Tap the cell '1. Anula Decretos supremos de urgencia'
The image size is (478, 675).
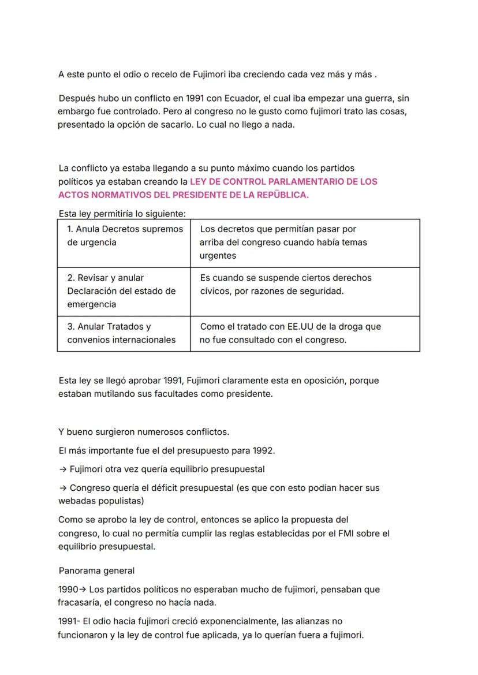tap(125, 236)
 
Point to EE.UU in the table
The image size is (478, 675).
tap(304, 326)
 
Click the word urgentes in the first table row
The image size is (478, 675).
tap(218, 255)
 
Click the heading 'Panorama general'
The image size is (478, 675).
tap(96, 570)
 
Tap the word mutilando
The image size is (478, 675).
tap(112, 394)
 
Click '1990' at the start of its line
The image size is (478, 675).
tap(68, 590)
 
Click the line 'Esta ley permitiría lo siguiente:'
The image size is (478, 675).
tap(122, 214)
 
